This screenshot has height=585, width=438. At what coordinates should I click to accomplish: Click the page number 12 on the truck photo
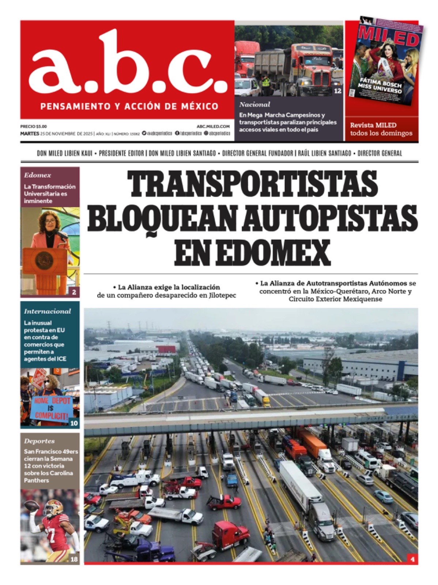pos(337,91)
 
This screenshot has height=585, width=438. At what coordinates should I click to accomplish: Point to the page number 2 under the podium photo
pos(74,292)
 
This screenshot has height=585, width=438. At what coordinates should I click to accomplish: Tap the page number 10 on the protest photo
pos(74,423)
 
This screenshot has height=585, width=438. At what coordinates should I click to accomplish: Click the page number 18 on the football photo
pos(74,559)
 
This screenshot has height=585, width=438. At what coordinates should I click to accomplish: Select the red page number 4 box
pos(412,559)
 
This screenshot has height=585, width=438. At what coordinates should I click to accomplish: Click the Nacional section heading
pos(255,105)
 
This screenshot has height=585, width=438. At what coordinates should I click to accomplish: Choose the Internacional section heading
pos(48,312)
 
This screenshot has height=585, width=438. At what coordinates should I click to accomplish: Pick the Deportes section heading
pos(39,441)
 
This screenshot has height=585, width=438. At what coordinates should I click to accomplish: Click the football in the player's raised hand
pos(31,506)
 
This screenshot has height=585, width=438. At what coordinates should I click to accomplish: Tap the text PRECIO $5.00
pos(34,126)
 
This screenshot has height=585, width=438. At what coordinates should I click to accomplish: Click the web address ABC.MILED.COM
pos(213,126)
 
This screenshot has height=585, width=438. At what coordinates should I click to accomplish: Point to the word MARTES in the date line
pos(30,133)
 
